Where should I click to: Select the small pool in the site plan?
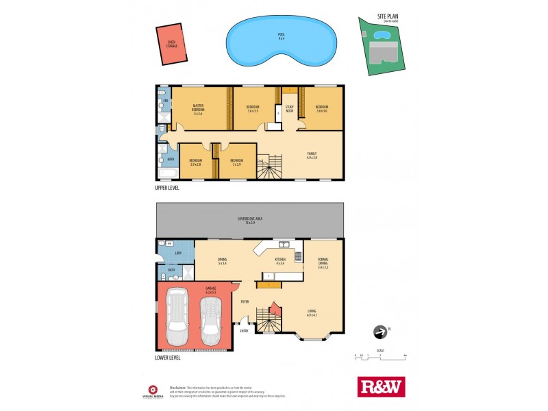pos(381,34)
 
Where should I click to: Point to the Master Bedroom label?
pos(198,110)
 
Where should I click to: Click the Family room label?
pos(312,155)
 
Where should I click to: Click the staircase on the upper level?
pos(271,166)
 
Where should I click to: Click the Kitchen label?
pos(280,260)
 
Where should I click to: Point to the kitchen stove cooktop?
pos(298,258)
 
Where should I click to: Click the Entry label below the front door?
pos(243,332)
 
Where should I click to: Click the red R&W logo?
pos(381,387)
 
